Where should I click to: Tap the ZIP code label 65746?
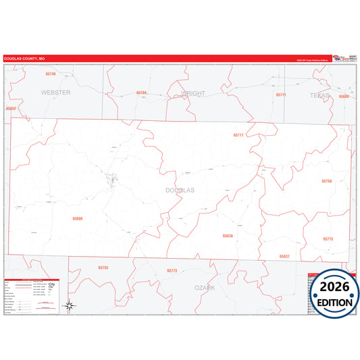pos(51,74)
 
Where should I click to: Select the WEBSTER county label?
pos(55,93)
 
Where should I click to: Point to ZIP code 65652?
pos(10,108)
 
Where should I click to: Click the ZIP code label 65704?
pos(141,93)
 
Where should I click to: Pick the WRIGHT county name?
pos(192,93)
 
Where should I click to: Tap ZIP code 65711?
pos(281,95)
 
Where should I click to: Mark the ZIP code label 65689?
pos(344,97)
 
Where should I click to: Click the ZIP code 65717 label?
pos(238,135)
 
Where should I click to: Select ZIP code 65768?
pos(327,182)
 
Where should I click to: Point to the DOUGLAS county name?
pos(180,190)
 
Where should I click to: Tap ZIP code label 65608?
pos(78,218)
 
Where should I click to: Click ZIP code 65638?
pos(228,236)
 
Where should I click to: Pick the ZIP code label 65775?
pos(328,239)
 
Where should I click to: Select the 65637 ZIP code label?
pos(284,257)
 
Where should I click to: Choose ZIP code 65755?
pos(103,267)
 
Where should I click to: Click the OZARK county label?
pos(205,287)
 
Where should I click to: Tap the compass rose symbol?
pos(69,306)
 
